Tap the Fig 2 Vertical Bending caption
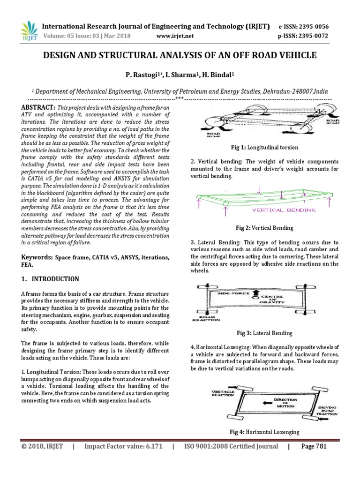[264, 228]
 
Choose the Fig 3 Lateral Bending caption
[264, 333]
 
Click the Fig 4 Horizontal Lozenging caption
[264, 432]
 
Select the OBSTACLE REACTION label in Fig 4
[222, 392]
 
